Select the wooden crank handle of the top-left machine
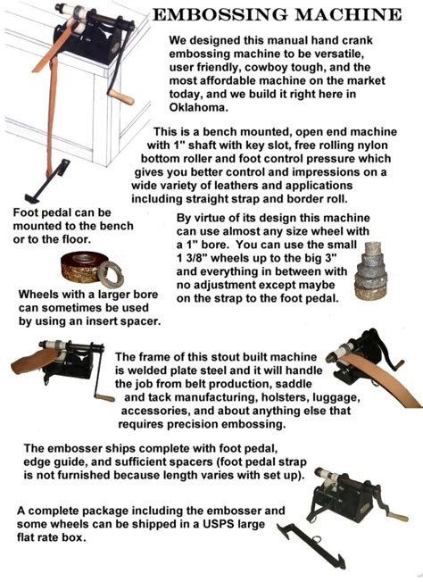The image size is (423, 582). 120,92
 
